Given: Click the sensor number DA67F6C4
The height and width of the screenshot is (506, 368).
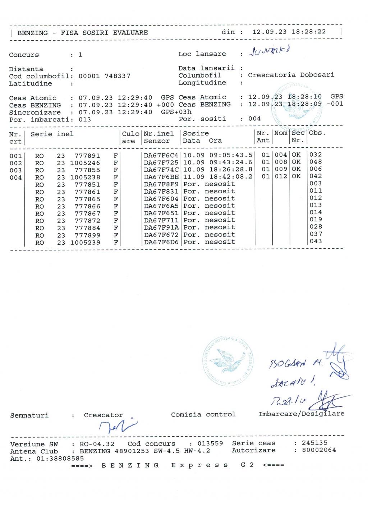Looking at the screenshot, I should [x=161, y=155].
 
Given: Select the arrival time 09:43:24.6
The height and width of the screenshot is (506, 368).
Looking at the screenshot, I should [x=231, y=162].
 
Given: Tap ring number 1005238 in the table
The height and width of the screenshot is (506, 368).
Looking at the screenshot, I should [x=85, y=177].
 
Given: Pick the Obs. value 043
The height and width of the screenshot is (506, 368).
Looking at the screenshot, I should [x=316, y=241].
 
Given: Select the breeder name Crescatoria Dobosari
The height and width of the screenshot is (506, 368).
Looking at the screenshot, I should [x=291, y=75].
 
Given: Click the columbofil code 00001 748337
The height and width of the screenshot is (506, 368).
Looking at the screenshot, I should [x=105, y=76].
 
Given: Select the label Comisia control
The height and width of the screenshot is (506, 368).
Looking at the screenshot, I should [x=203, y=414].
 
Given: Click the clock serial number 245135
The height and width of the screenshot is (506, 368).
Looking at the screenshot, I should [x=314, y=443].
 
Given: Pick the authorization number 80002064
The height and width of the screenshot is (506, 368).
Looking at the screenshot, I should [x=319, y=450].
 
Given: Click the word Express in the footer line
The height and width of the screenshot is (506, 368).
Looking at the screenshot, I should [x=199, y=465].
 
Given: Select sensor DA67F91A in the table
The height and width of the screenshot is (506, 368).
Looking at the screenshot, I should [x=161, y=227].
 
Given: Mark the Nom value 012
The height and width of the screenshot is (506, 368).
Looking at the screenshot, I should [x=281, y=176].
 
